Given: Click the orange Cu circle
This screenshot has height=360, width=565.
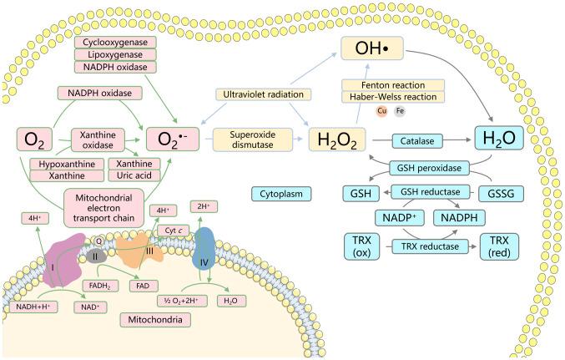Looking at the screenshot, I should [358, 110].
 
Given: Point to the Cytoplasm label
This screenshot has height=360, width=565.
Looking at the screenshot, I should [281, 194].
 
